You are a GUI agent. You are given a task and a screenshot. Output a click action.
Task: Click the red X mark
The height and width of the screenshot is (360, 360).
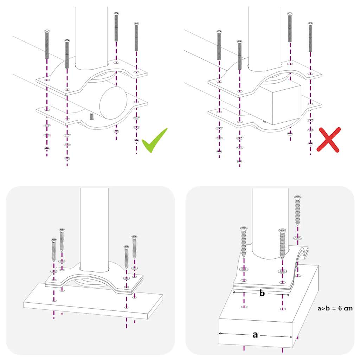(329, 140)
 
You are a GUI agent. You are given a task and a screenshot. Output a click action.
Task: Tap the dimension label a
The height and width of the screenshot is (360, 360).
(255, 335)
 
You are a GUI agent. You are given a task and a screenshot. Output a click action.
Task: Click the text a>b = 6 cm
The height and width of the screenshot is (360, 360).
(335, 308)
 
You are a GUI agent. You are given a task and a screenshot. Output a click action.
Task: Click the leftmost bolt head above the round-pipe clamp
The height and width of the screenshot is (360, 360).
(47, 32)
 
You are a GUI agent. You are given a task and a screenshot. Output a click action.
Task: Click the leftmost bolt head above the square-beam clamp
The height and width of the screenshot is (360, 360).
(219, 32)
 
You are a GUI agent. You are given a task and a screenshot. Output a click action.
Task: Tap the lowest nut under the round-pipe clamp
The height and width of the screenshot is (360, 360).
(67, 158)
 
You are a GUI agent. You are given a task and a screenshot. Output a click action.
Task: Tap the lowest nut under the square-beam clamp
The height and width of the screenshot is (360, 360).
(239, 161)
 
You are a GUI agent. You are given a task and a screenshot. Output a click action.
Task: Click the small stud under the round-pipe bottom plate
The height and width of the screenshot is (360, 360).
(92, 116)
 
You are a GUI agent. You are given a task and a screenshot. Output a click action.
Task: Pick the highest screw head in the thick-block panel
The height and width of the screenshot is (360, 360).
(297, 198)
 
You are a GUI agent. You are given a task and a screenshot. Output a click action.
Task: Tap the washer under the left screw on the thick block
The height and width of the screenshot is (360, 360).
(244, 269)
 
